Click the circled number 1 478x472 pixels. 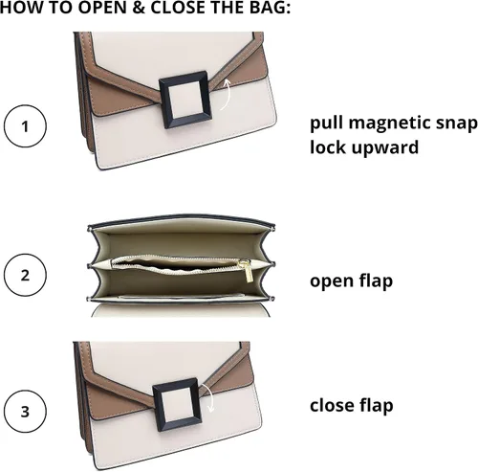pyautogui.click(x=25, y=126)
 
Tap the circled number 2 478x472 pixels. pyautogui.click(x=25, y=275)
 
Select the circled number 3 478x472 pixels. pyautogui.click(x=25, y=411)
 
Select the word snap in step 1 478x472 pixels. pyautogui.click(x=457, y=124)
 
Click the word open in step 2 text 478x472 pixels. pyautogui.click(x=332, y=281)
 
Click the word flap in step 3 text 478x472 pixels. pyautogui.click(x=377, y=406)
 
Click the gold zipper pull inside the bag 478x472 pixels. pyautogui.click(x=247, y=271)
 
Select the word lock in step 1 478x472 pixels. pyautogui.click(x=327, y=147)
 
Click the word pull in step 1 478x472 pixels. pyautogui.click(x=327, y=124)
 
